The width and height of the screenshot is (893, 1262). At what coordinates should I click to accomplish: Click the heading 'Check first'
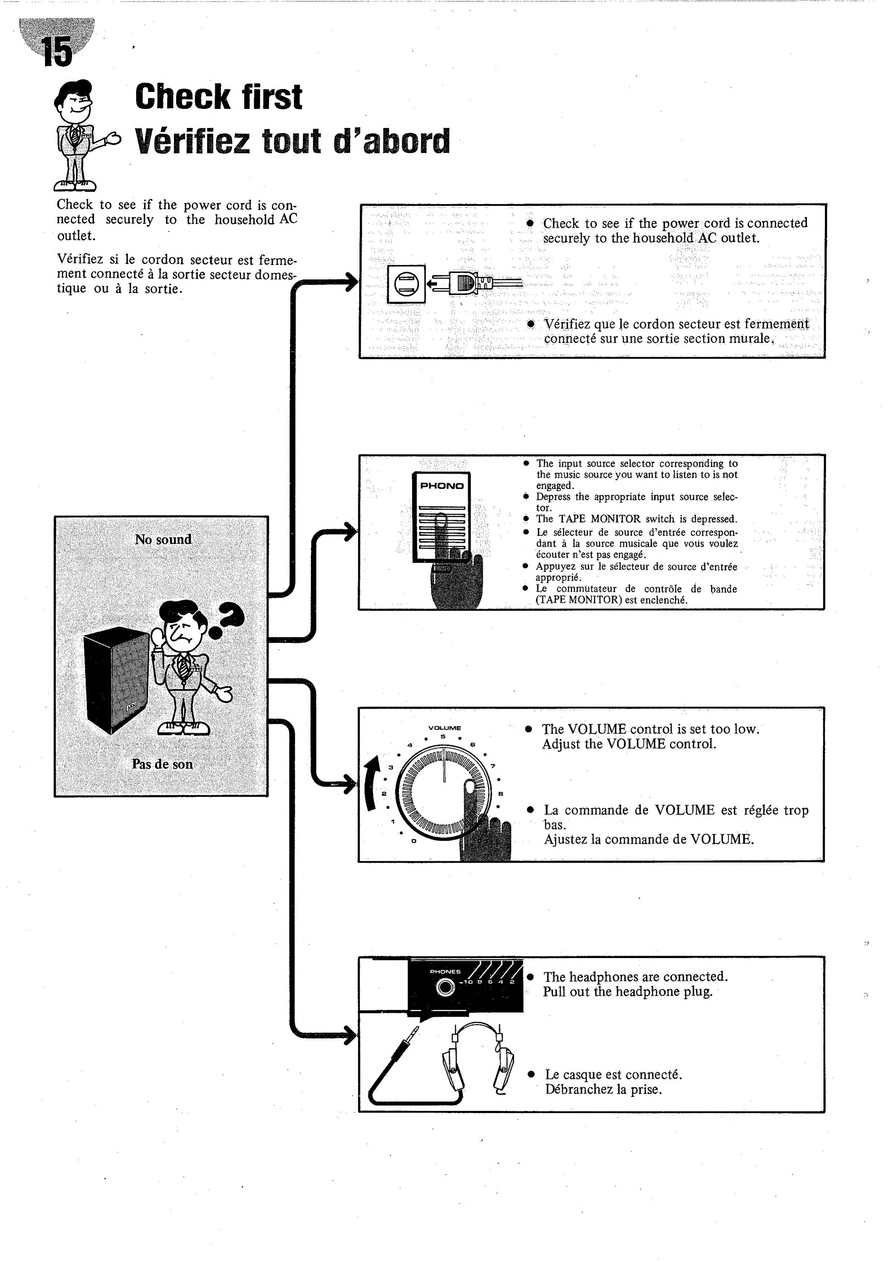pos(218,97)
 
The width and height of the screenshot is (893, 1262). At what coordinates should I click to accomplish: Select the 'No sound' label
pos(163,539)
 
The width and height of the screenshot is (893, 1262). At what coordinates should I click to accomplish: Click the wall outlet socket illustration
pos(407,283)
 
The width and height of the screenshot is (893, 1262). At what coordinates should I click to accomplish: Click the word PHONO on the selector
pos(441,486)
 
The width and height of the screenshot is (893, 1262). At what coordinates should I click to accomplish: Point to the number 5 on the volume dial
pos(443,736)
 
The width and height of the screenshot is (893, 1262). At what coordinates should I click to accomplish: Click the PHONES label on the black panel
pos(445,971)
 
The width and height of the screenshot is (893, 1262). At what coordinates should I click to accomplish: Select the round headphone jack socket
pos(445,988)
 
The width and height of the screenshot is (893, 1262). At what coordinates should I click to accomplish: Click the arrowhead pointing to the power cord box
pos(350,283)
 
